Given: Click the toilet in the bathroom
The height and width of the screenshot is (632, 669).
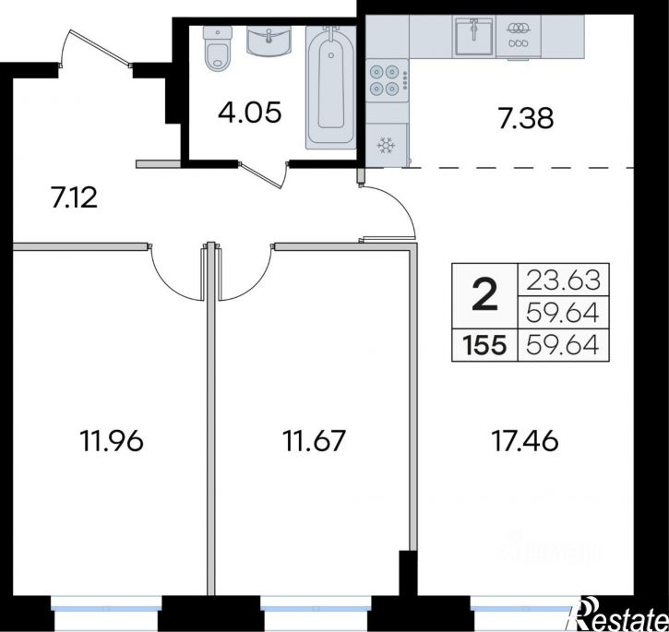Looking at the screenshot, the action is (x=218, y=49).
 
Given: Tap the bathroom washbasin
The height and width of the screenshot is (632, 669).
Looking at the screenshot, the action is (x=269, y=41).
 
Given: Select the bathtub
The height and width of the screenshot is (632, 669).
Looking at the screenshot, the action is (x=330, y=88).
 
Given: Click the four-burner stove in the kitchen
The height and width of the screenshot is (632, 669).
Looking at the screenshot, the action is (x=387, y=80).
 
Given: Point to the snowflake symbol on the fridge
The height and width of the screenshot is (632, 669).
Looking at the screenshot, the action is (x=386, y=146).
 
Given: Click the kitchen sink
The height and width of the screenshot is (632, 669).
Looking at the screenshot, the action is (x=473, y=36).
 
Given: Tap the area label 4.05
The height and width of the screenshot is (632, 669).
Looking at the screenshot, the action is (x=249, y=113).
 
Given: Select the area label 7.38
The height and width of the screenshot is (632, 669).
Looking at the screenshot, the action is (x=526, y=118).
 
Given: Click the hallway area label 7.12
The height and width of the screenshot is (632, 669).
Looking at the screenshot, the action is (x=74, y=198).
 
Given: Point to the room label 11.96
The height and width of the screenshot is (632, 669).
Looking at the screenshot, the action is (x=112, y=441).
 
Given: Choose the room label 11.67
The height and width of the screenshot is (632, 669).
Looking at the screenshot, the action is (x=314, y=441).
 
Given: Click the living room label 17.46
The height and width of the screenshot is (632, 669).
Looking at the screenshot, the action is (x=525, y=441).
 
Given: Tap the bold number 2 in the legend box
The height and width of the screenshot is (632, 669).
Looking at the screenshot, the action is (x=485, y=294).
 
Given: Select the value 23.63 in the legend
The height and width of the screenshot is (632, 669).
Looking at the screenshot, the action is (x=563, y=280).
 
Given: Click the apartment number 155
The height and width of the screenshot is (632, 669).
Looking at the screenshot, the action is (x=485, y=345).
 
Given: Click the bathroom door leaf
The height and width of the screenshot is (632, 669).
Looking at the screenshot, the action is (x=261, y=175).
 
